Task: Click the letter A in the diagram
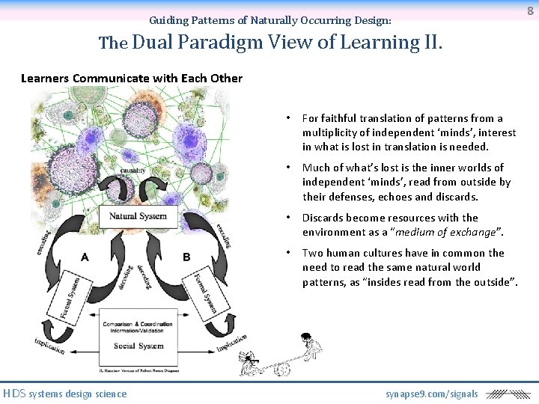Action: [85, 257]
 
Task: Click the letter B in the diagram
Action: [186, 257]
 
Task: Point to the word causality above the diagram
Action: [133, 171]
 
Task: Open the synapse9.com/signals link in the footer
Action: [431, 394]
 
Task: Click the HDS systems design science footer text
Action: [65, 394]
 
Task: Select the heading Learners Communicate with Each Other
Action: [132, 78]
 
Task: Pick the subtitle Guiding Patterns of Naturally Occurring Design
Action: [270, 20]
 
